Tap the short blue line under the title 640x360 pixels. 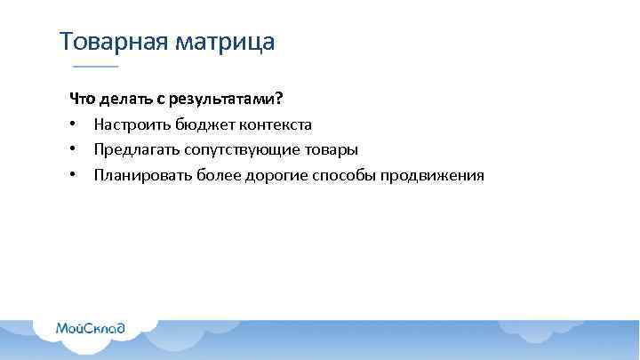coord(94,68)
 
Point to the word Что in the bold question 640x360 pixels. coord(82,98)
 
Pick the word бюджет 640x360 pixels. coord(204,124)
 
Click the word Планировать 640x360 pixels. coord(137,175)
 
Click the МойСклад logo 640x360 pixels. coord(90,327)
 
